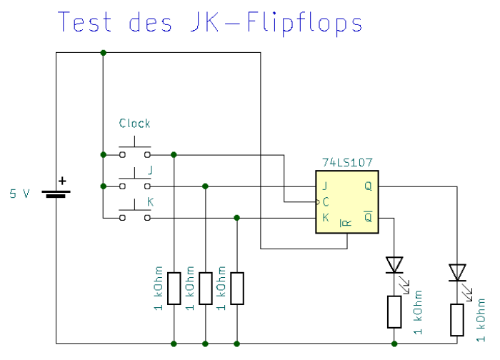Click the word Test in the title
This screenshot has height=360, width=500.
(86, 22)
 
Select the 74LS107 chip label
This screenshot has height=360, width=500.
(348, 163)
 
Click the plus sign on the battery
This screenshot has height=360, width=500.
(62, 181)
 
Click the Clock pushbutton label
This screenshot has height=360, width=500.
(134, 124)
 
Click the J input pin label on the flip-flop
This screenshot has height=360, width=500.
(325, 186)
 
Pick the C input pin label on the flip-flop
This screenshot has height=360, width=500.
(326, 202)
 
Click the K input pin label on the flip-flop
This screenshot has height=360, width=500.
(325, 217)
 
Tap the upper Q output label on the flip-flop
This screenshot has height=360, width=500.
(368, 186)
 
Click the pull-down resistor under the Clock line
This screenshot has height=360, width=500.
(174, 289)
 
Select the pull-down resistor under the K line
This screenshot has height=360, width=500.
(236, 289)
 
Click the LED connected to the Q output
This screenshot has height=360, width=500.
(457, 272)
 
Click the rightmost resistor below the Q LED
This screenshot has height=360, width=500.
(457, 319)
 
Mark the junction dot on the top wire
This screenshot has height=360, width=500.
(104, 53)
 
